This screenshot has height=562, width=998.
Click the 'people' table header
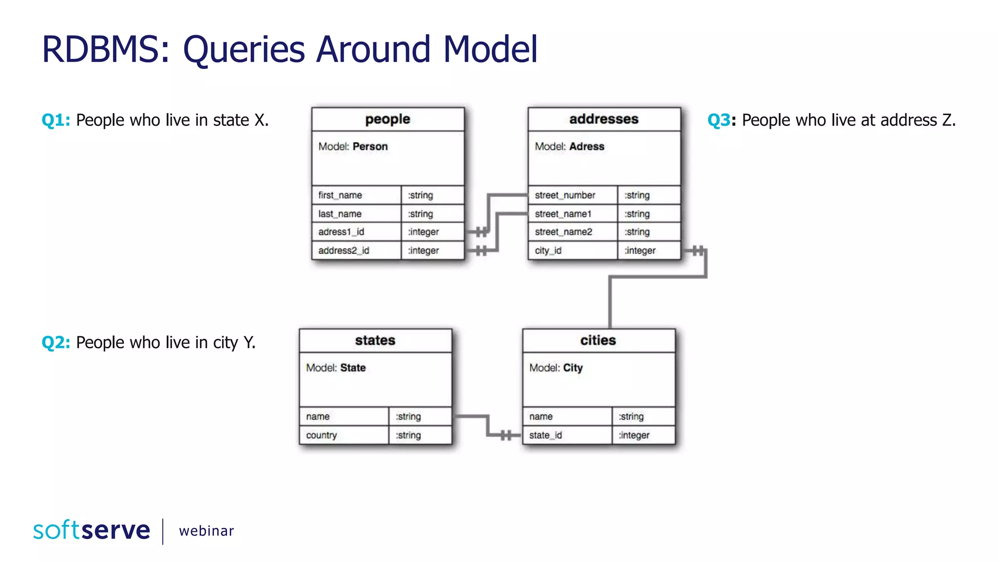coord(387,119)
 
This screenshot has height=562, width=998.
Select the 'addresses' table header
coord(603,119)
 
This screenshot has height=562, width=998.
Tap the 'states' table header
coord(375,341)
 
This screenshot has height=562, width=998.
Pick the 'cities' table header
coord(598,341)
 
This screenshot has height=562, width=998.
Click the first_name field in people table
coord(340,195)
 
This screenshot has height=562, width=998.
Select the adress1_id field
coord(341,232)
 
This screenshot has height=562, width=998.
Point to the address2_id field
coord(344,251)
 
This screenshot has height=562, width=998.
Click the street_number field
coord(565,195)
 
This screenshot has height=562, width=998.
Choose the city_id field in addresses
coord(548,251)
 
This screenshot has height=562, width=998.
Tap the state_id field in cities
coord(545,435)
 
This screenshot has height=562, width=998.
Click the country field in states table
coord(321,435)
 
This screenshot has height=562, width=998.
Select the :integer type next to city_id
coord(640,251)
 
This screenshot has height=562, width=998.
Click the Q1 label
coord(56,120)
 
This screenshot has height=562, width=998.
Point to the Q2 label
coord(56,342)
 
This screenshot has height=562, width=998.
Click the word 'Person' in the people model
coord(370,147)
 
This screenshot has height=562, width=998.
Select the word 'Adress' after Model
coord(586,147)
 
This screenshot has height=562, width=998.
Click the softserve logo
coord(92,530)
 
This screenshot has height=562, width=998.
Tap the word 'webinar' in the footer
coord(206,531)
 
